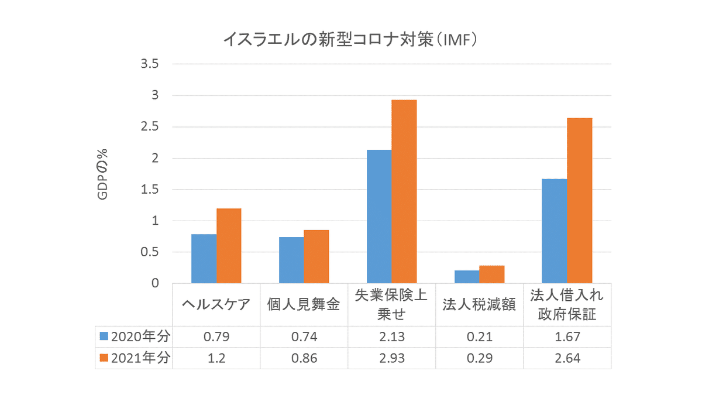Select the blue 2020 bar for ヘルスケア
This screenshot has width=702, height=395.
(204, 259)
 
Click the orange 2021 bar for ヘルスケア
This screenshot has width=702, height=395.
(229, 246)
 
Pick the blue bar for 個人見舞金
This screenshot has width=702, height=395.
(291, 260)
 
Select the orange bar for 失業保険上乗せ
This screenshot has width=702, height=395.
(404, 191)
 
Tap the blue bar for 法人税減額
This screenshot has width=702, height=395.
(467, 277)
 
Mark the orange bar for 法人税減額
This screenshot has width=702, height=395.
(492, 274)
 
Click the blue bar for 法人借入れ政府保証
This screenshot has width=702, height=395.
(555, 231)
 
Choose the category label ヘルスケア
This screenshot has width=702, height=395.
(216, 305)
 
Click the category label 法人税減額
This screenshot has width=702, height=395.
(479, 305)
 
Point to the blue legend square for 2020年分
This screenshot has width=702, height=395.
(104, 336)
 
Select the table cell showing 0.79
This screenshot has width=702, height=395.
(216, 336)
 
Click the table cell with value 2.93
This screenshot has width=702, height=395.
(391, 358)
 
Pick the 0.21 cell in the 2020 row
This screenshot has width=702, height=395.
(479, 336)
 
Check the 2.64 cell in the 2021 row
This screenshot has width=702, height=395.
(567, 358)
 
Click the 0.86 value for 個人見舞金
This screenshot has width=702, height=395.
(304, 358)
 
